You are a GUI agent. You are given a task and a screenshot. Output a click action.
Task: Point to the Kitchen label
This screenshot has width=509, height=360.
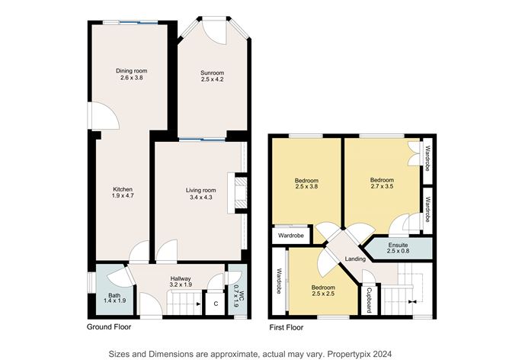[124, 190]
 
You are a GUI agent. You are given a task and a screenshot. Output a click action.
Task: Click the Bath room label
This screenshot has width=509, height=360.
[114, 295]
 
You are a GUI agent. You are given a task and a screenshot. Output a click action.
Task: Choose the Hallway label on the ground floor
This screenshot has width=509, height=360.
[181, 278]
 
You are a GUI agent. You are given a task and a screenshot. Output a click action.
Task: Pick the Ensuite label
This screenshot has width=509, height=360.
[398, 246]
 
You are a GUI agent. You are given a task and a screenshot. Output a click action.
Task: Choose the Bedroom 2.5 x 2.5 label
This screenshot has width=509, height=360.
[322, 291]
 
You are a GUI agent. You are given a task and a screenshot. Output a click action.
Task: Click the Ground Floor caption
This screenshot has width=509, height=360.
[112, 326]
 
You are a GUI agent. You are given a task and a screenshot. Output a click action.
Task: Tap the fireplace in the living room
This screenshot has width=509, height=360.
[241, 192]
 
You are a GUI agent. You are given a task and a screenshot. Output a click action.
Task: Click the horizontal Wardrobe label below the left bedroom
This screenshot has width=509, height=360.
[290, 236]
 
